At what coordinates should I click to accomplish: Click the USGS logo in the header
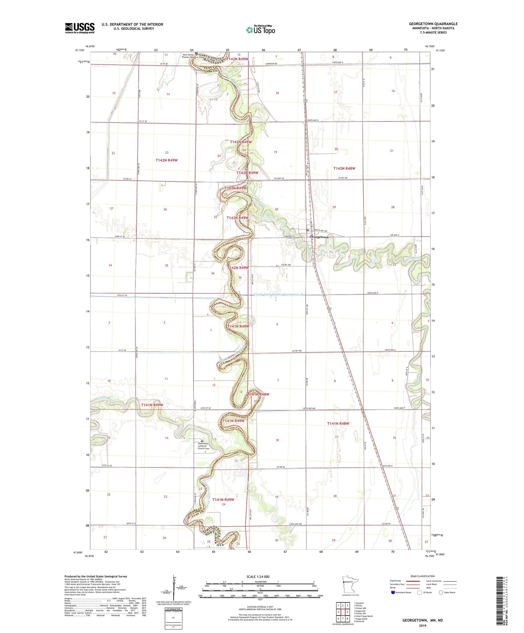(x=80, y=28)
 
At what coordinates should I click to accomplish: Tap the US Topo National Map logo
(x=260, y=30)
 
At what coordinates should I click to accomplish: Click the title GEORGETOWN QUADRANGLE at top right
(x=433, y=24)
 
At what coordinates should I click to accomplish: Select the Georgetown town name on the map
(x=319, y=237)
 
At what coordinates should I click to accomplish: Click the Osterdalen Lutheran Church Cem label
(x=206, y=447)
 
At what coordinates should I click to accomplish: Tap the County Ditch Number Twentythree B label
(x=279, y=294)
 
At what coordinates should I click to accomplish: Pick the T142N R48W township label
(x=344, y=168)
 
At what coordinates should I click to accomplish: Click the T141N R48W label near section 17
(x=338, y=424)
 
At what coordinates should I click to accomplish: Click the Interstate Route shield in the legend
(x=393, y=592)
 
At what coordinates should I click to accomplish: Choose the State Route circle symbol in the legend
(x=441, y=592)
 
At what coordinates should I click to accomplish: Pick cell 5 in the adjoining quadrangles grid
(x=347, y=612)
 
